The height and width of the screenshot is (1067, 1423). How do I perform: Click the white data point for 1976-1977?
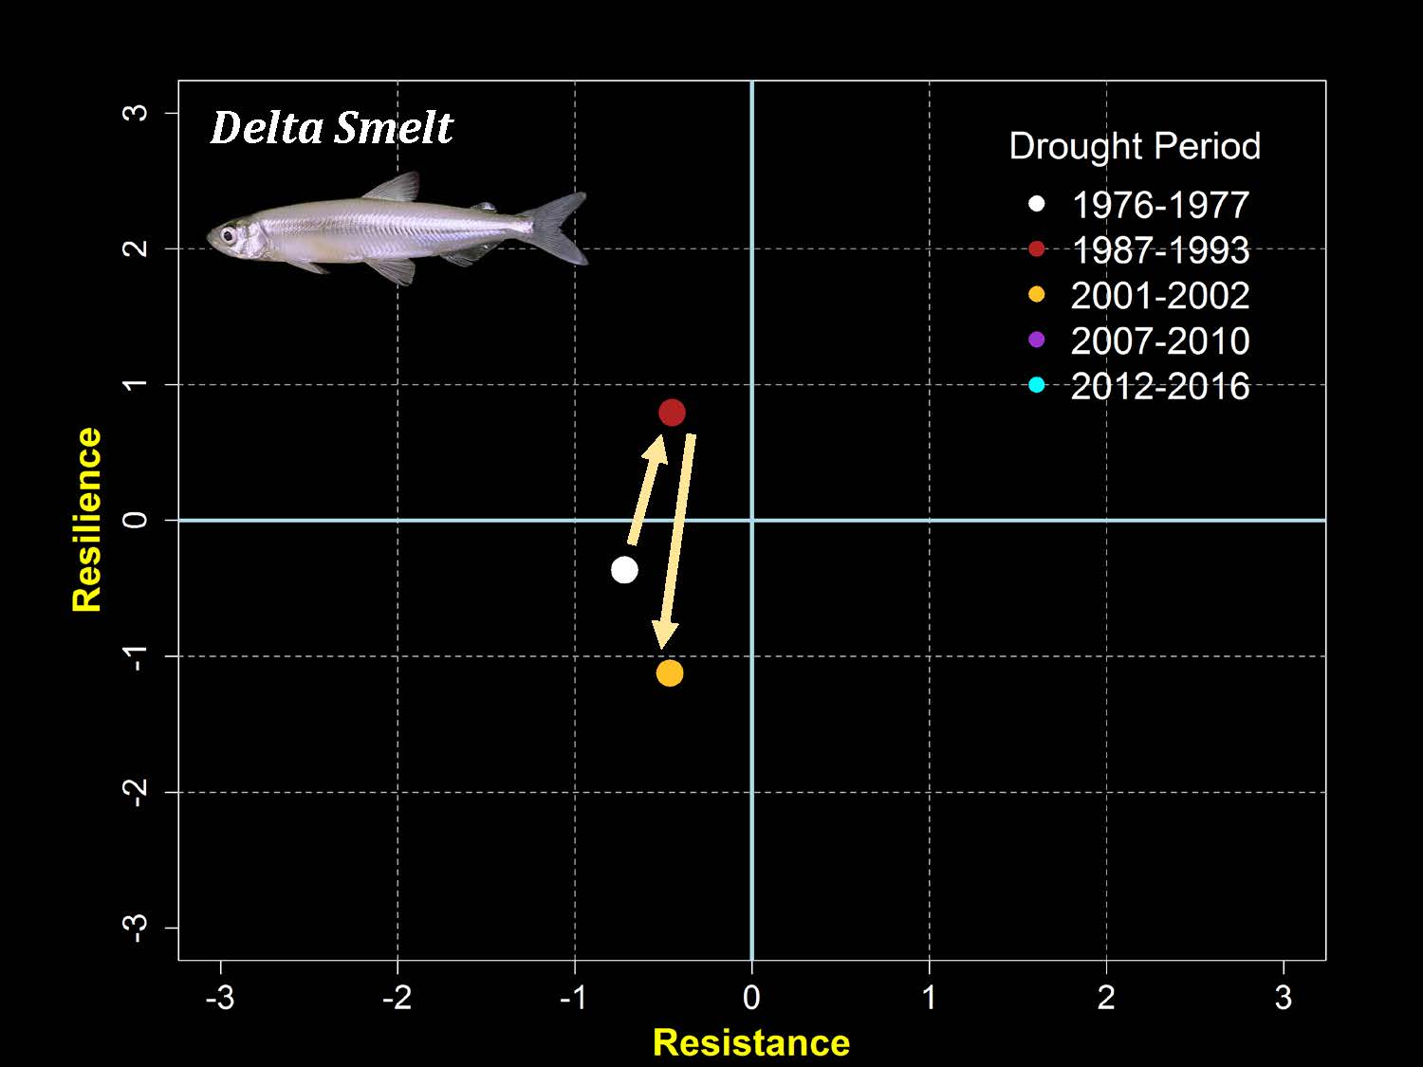[624, 570]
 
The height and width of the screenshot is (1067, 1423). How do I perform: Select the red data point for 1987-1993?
[672, 413]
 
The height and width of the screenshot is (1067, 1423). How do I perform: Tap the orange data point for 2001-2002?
[670, 673]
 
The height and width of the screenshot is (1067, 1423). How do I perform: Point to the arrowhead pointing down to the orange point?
[665, 635]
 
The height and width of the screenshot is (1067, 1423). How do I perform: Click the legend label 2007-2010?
[1159, 340]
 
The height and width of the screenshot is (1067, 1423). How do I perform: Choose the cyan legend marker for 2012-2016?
[1036, 385]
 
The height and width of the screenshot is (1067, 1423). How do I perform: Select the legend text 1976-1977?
[1159, 205]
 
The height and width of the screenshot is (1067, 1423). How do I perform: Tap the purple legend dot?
[1036, 340]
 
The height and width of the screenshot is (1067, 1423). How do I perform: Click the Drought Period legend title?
[1135, 146]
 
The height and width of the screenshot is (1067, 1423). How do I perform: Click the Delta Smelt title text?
[331, 128]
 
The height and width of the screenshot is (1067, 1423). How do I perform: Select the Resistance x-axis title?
[751, 1042]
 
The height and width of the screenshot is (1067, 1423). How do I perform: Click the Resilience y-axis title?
[87, 519]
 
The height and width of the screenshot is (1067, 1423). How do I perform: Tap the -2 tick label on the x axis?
[397, 998]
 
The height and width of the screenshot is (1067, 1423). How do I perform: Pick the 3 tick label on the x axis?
[1284, 998]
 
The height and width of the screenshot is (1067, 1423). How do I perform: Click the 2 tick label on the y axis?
[138, 248]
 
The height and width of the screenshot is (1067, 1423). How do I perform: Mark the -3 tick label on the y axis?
[138, 928]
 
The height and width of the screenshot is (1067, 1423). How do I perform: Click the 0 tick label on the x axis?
[751, 998]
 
